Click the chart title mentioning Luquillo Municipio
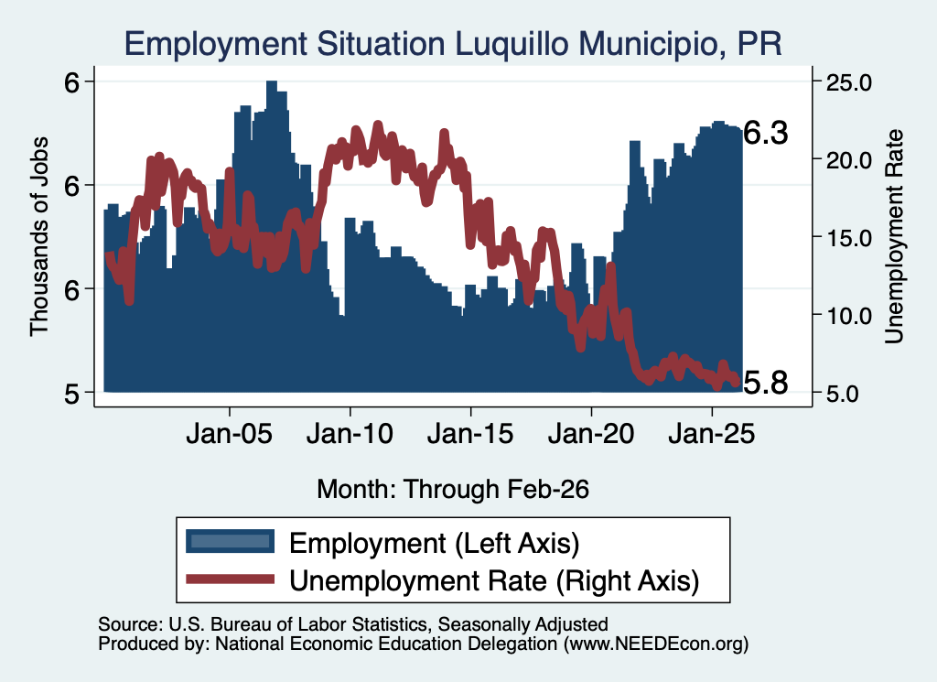click(453, 44)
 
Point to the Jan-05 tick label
click(230, 433)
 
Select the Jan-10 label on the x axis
click(350, 433)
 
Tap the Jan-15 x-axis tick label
click(470, 433)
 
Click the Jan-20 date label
click(591, 433)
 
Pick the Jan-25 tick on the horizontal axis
click(712, 433)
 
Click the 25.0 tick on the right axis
click(848, 81)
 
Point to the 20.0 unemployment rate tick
click(848, 160)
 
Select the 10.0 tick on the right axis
click(848, 316)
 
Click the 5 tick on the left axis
click(71, 394)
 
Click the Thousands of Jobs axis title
click(38, 236)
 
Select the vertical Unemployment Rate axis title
click(894, 236)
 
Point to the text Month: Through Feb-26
click(453, 489)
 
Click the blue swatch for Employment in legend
click(230, 541)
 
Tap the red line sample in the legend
click(230, 579)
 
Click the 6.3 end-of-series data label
click(766, 133)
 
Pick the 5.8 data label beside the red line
click(766, 383)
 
